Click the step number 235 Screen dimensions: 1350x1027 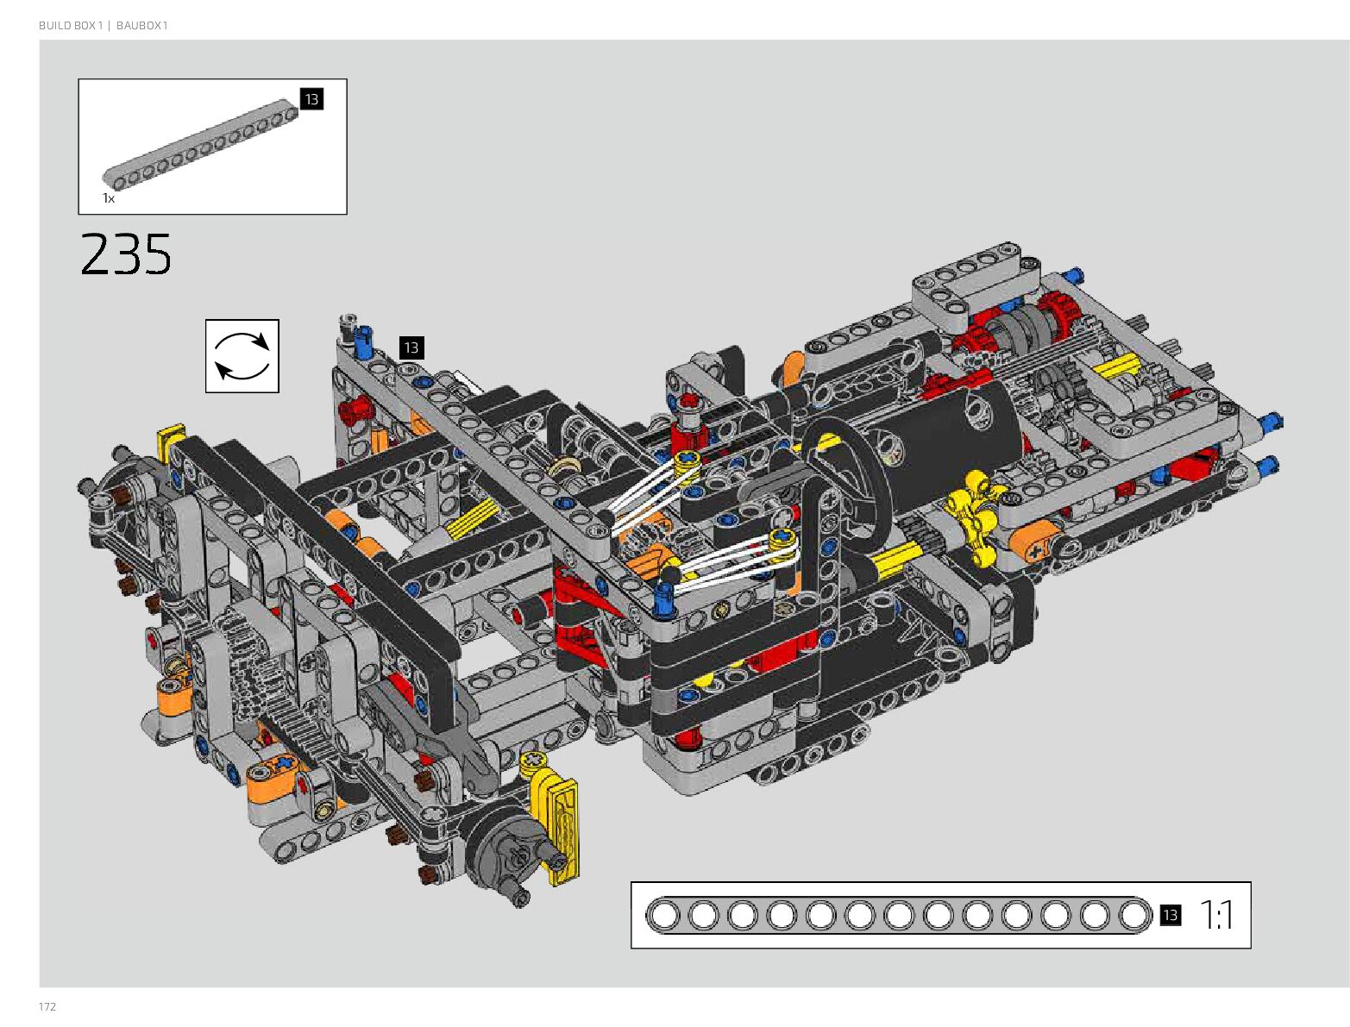click(125, 254)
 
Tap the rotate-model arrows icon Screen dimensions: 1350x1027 click(242, 356)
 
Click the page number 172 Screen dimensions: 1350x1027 click(47, 1006)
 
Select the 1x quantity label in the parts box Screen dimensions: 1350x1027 click(108, 198)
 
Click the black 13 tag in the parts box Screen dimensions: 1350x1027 click(311, 99)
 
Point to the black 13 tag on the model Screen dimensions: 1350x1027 click(411, 348)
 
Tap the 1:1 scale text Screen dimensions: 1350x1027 click(1216, 915)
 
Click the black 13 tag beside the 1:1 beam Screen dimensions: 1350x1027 click(1170, 915)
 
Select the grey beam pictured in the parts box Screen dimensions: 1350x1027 click(200, 143)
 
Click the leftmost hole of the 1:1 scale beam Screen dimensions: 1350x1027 click(664, 915)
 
